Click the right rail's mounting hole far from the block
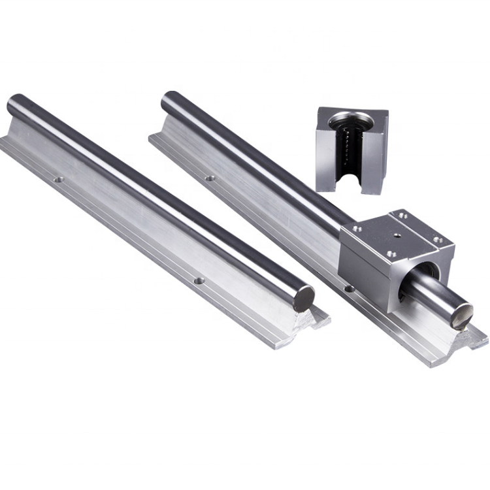pos(210,177)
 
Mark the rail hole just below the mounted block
pos(349,287)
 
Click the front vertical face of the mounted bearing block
pos(366,267)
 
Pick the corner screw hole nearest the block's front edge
pos(391,253)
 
